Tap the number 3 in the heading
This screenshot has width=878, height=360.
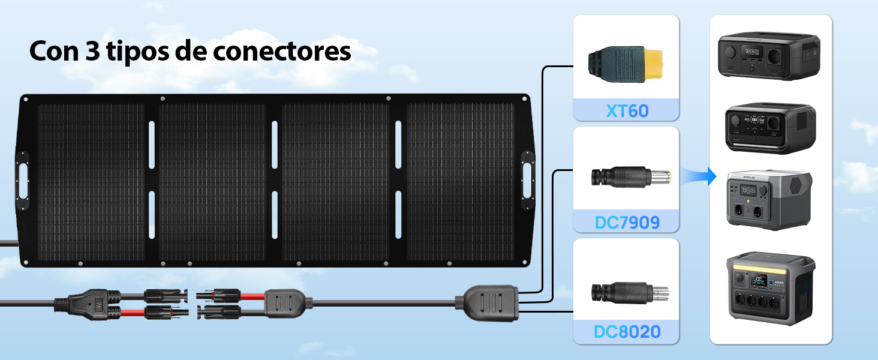[92, 50]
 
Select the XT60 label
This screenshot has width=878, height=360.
[627, 111]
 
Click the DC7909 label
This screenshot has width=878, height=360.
[627, 223]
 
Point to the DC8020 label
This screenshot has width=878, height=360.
[627, 332]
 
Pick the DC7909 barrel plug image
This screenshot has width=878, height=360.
[631, 177]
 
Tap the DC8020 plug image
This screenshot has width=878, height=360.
[630, 293]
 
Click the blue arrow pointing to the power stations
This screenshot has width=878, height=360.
[699, 176]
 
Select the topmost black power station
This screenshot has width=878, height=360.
[769, 56]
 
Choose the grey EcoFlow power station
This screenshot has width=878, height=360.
[769, 199]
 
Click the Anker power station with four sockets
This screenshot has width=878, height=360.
[771, 288]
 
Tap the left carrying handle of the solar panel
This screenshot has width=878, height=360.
[22, 181]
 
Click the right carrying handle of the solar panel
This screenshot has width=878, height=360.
[528, 180]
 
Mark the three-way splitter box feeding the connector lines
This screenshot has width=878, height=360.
[487, 303]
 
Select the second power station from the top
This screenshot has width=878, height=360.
[771, 128]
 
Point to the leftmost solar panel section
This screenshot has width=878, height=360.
[91, 182]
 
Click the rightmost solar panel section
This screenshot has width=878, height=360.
[461, 182]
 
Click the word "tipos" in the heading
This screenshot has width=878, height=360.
[138, 52]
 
